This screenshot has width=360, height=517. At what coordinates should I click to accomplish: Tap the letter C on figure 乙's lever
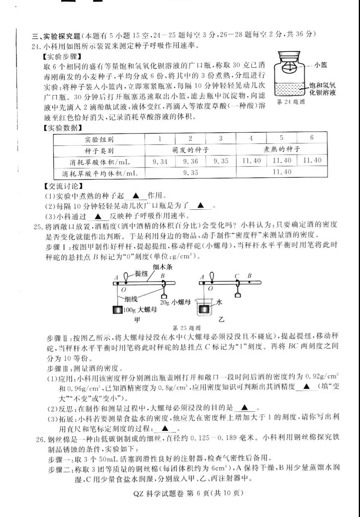[237, 275]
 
